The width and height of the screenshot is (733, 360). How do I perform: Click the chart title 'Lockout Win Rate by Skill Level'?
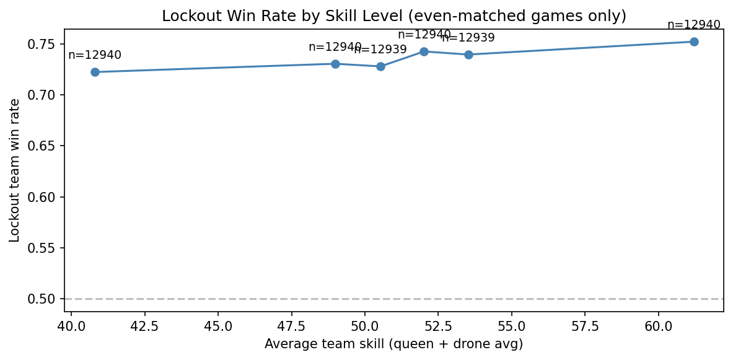coord(394,16)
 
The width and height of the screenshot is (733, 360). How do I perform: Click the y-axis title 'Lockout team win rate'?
coord(15,170)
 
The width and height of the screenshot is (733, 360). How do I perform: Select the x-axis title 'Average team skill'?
coord(393,344)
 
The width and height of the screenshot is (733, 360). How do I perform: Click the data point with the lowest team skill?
coord(95,72)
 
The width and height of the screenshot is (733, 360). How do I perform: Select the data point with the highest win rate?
coord(694,42)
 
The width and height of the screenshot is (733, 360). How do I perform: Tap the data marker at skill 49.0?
coord(335,64)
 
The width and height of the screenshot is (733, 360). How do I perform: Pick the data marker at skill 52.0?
coord(424,51)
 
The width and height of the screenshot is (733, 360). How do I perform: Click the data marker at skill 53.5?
coord(468,55)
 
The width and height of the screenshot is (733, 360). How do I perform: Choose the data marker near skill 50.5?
coord(380,66)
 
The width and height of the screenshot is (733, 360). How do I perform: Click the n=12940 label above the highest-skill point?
coord(694,25)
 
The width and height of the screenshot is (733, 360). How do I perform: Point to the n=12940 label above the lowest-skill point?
coord(95,55)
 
